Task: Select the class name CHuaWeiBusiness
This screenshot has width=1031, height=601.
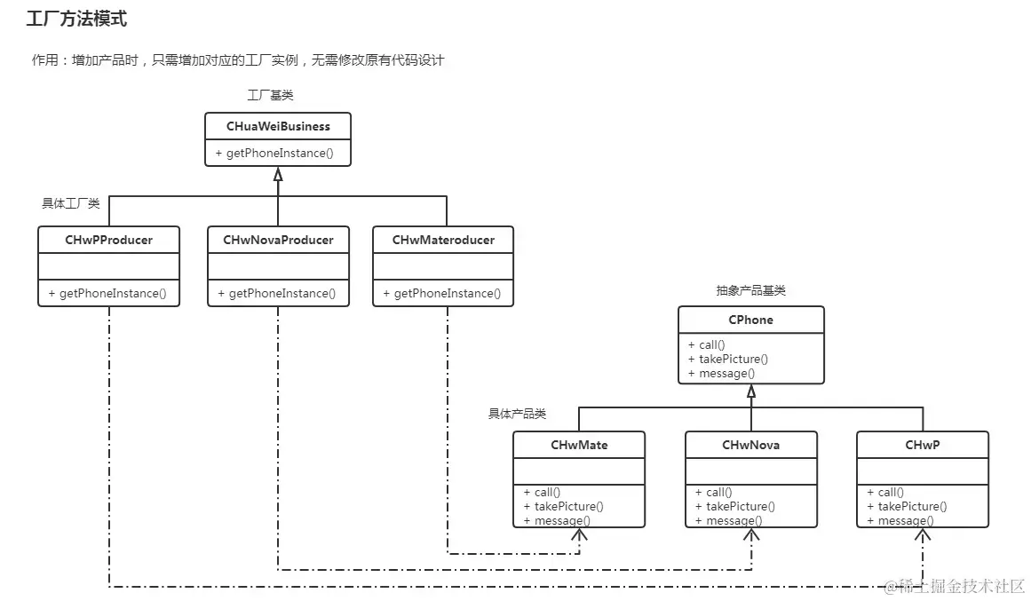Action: (x=278, y=127)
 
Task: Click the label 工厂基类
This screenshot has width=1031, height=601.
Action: (x=270, y=95)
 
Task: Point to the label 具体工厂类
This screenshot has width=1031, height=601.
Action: (x=71, y=203)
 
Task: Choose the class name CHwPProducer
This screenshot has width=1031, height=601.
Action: (x=108, y=240)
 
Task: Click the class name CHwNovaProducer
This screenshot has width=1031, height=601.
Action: (x=278, y=240)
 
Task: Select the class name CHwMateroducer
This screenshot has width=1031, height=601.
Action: (x=442, y=240)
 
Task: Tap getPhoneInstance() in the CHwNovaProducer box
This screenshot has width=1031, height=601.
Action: (x=277, y=293)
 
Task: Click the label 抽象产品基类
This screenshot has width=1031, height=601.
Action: (x=750, y=290)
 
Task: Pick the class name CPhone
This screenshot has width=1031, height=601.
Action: (x=751, y=320)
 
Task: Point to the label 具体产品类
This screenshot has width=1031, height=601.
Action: (x=517, y=414)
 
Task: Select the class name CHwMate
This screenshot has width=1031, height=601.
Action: (x=579, y=445)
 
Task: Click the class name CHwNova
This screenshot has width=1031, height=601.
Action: (x=750, y=445)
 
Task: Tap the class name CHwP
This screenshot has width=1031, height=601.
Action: (x=922, y=445)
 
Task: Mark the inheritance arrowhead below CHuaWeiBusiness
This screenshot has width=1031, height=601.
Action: (x=278, y=174)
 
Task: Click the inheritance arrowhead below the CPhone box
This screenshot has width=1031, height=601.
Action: (x=751, y=391)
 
